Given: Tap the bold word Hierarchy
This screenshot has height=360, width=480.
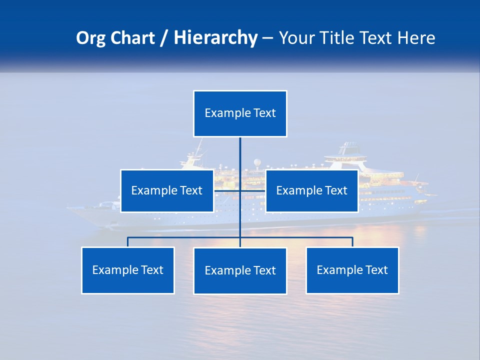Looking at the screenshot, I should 215,38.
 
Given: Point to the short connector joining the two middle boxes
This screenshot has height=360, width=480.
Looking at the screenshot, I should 252,190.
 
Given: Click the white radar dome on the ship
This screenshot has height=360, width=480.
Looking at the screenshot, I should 257,162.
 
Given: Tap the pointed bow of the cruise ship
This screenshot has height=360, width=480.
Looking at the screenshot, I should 70,209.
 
